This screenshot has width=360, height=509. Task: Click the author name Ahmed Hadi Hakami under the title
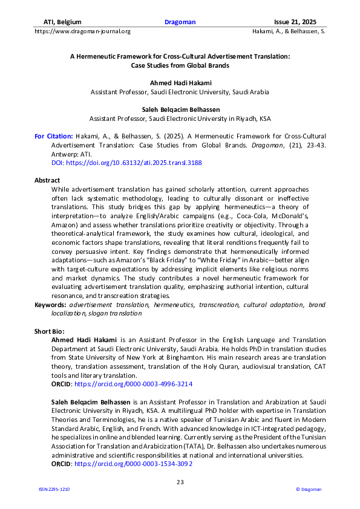tap(180, 82)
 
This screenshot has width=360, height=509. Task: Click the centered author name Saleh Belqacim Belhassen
tap(180, 109)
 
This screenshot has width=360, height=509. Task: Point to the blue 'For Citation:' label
tap(54, 137)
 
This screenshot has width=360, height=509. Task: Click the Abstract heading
tap(47, 180)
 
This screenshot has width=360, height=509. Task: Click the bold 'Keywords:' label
tap(50, 305)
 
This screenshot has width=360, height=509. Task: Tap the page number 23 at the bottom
tap(180, 482)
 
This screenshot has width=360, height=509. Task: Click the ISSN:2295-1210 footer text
tap(54, 489)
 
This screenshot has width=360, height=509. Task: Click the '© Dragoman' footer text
tap(308, 489)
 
